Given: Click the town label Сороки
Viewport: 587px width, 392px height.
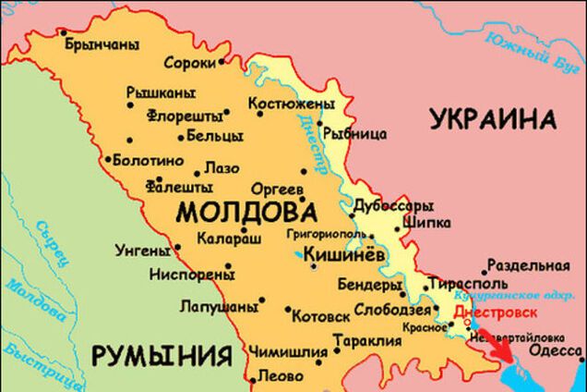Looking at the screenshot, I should coord(189,64).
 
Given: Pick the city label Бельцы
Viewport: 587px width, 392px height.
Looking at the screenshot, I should coord(214,136).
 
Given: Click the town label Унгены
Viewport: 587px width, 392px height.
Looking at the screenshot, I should coord(141,249).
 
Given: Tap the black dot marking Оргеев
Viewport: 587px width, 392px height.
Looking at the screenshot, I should coord(304,172).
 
